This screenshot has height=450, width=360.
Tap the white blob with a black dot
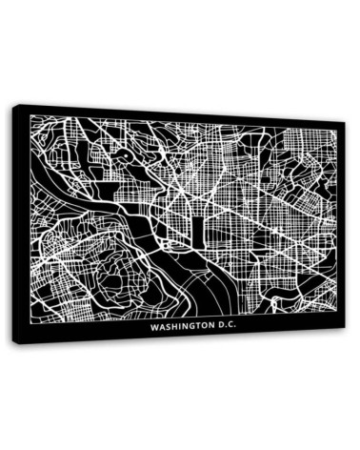click(125, 154)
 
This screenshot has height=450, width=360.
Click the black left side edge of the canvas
click(18, 224)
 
